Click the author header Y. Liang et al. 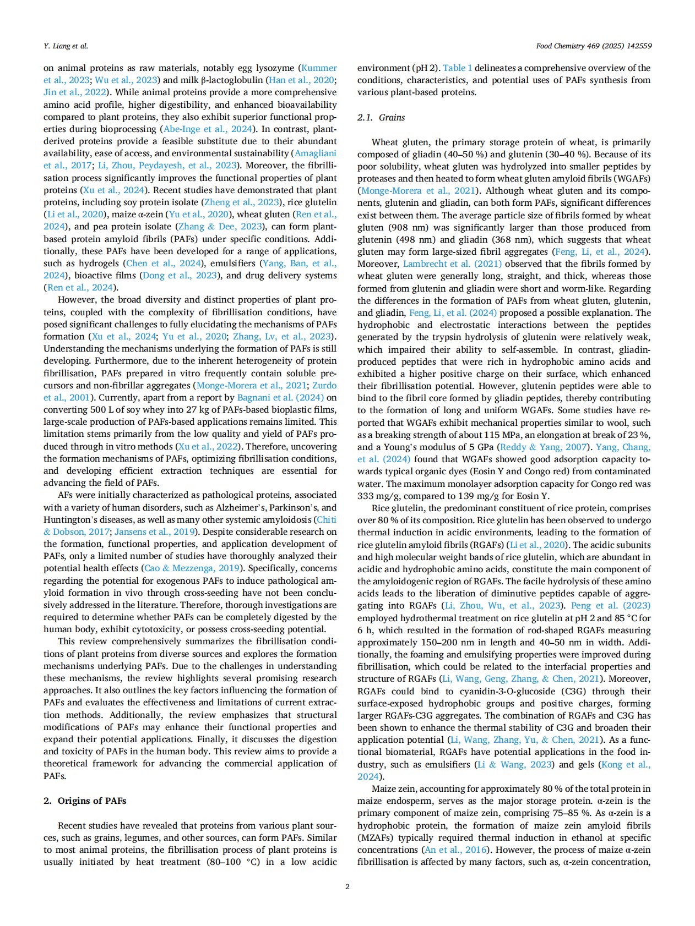66,46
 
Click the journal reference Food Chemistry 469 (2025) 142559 594,46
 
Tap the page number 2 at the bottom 347,886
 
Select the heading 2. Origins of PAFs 85,801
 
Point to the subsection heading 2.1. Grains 381,117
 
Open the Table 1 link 457,68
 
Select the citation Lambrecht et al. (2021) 452,264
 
